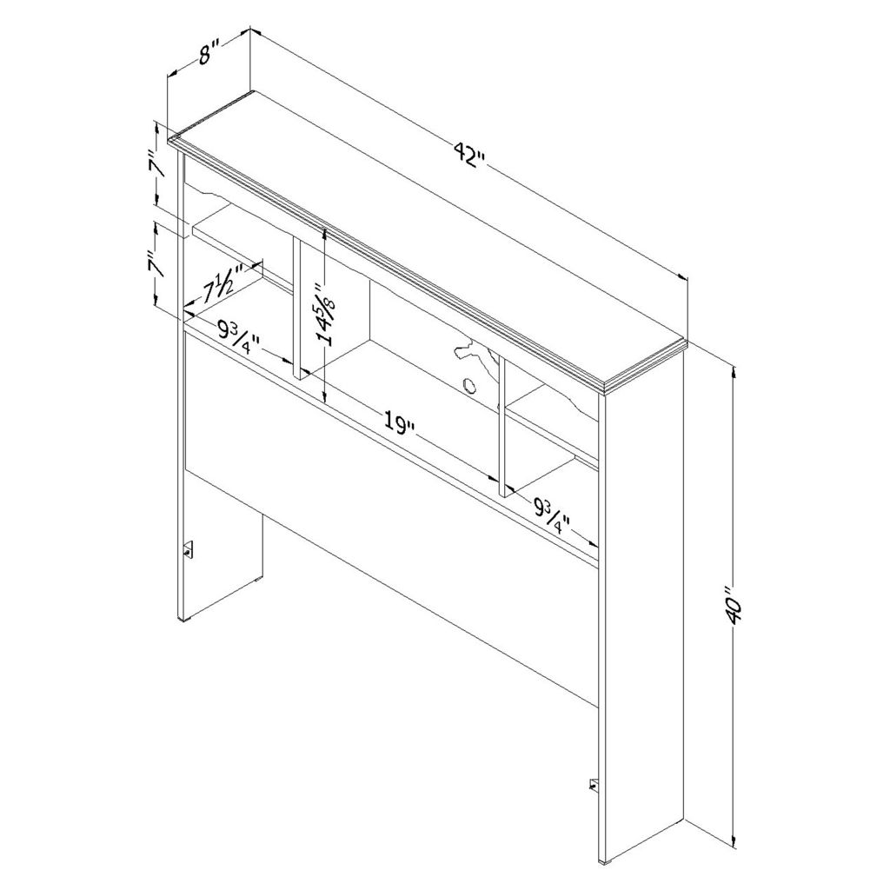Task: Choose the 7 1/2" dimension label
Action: (223, 283)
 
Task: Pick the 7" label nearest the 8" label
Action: (158, 164)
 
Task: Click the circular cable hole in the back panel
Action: (469, 386)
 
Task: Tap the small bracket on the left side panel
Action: (189, 549)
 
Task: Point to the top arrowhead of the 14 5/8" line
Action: (324, 233)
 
